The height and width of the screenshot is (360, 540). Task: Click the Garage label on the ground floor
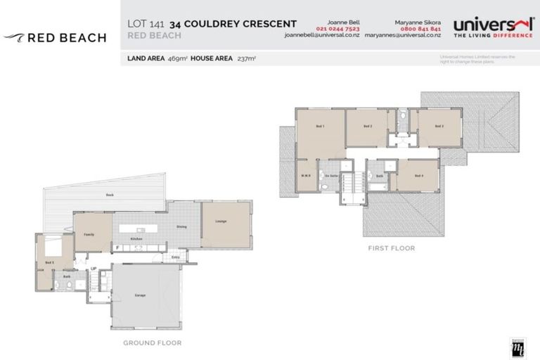pos(141,295)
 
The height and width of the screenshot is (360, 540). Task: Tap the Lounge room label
pos(221,222)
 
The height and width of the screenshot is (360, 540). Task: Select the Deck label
pos(110,195)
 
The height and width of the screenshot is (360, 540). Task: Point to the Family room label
pos(89,234)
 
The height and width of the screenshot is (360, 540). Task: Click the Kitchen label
pos(138,239)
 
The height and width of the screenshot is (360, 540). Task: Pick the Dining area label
pos(181,226)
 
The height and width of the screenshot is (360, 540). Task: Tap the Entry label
pos(174,257)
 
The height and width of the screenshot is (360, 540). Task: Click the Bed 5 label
pos(49,262)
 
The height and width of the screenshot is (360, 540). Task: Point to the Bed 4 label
pos(418,175)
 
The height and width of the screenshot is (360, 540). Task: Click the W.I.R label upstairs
pos(306,176)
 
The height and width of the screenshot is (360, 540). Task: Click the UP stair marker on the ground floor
pos(93,269)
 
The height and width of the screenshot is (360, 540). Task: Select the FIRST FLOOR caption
pos(391,248)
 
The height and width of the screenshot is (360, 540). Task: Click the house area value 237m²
pos(246,58)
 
